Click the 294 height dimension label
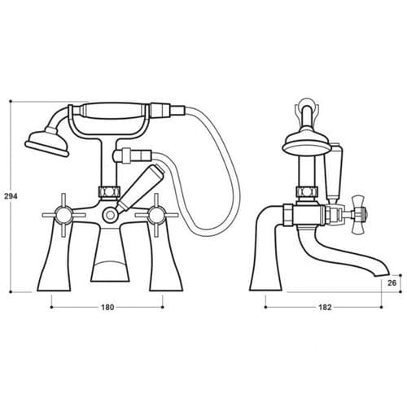point(11,196)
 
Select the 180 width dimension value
point(107,308)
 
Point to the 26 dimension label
point(392,283)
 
